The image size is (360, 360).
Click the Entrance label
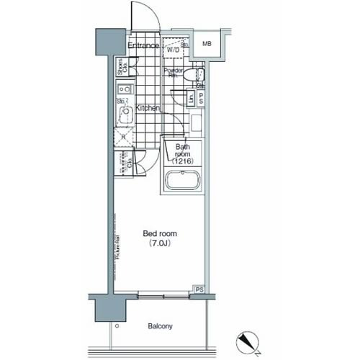click(143, 46)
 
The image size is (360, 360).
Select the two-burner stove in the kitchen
click(123, 91)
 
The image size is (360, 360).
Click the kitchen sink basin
click(124, 114)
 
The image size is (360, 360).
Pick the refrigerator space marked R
click(124, 137)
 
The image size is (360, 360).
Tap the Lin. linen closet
click(190, 99)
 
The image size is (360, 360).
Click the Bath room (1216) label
click(182, 154)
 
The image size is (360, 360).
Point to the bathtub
click(184, 181)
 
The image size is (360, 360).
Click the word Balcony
click(160, 326)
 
